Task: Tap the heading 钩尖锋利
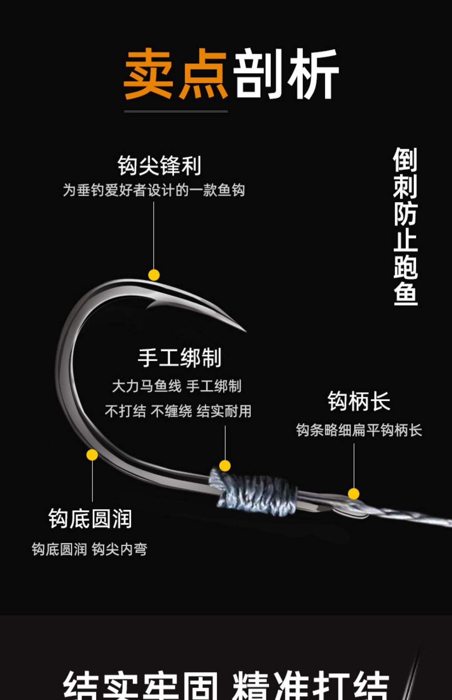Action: coord(159,166)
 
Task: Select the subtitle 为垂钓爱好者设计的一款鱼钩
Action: coord(153,190)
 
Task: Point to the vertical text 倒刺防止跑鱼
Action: coord(405,226)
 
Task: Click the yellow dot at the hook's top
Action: coord(154,275)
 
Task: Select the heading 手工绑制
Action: coord(179,358)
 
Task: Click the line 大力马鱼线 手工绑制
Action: coord(177,386)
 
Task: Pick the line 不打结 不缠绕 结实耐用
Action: coord(178,411)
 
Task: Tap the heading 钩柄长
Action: coord(359,401)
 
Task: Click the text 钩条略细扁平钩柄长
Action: coord(359,430)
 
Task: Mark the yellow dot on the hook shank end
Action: coord(354,494)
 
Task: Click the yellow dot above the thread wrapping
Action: coord(225,466)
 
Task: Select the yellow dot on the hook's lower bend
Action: coord(92,455)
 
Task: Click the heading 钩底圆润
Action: coord(90,518)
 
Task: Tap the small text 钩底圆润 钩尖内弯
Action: coord(89,549)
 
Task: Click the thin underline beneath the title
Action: coord(176,111)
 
